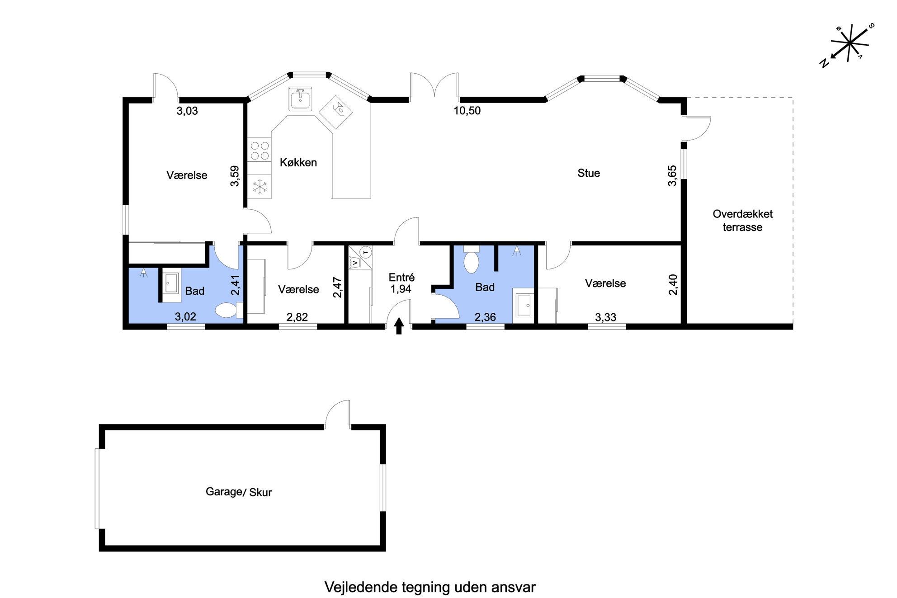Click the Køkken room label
coord(298,163)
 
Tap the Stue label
coord(589,173)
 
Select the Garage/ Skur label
coord(239,492)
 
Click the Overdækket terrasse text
coord(742,221)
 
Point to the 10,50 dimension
coord(467,111)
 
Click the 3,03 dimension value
coord(187,111)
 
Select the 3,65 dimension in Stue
coord(673,176)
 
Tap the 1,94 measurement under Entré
coord(401,289)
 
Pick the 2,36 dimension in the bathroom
coord(485,317)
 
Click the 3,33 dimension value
coord(606,317)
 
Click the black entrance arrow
coord(399,326)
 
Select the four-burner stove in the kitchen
coord(260,151)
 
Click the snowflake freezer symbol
coord(260,187)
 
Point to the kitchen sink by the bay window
coord(300,99)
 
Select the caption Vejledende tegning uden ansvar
coord(430,587)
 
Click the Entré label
coord(401,278)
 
